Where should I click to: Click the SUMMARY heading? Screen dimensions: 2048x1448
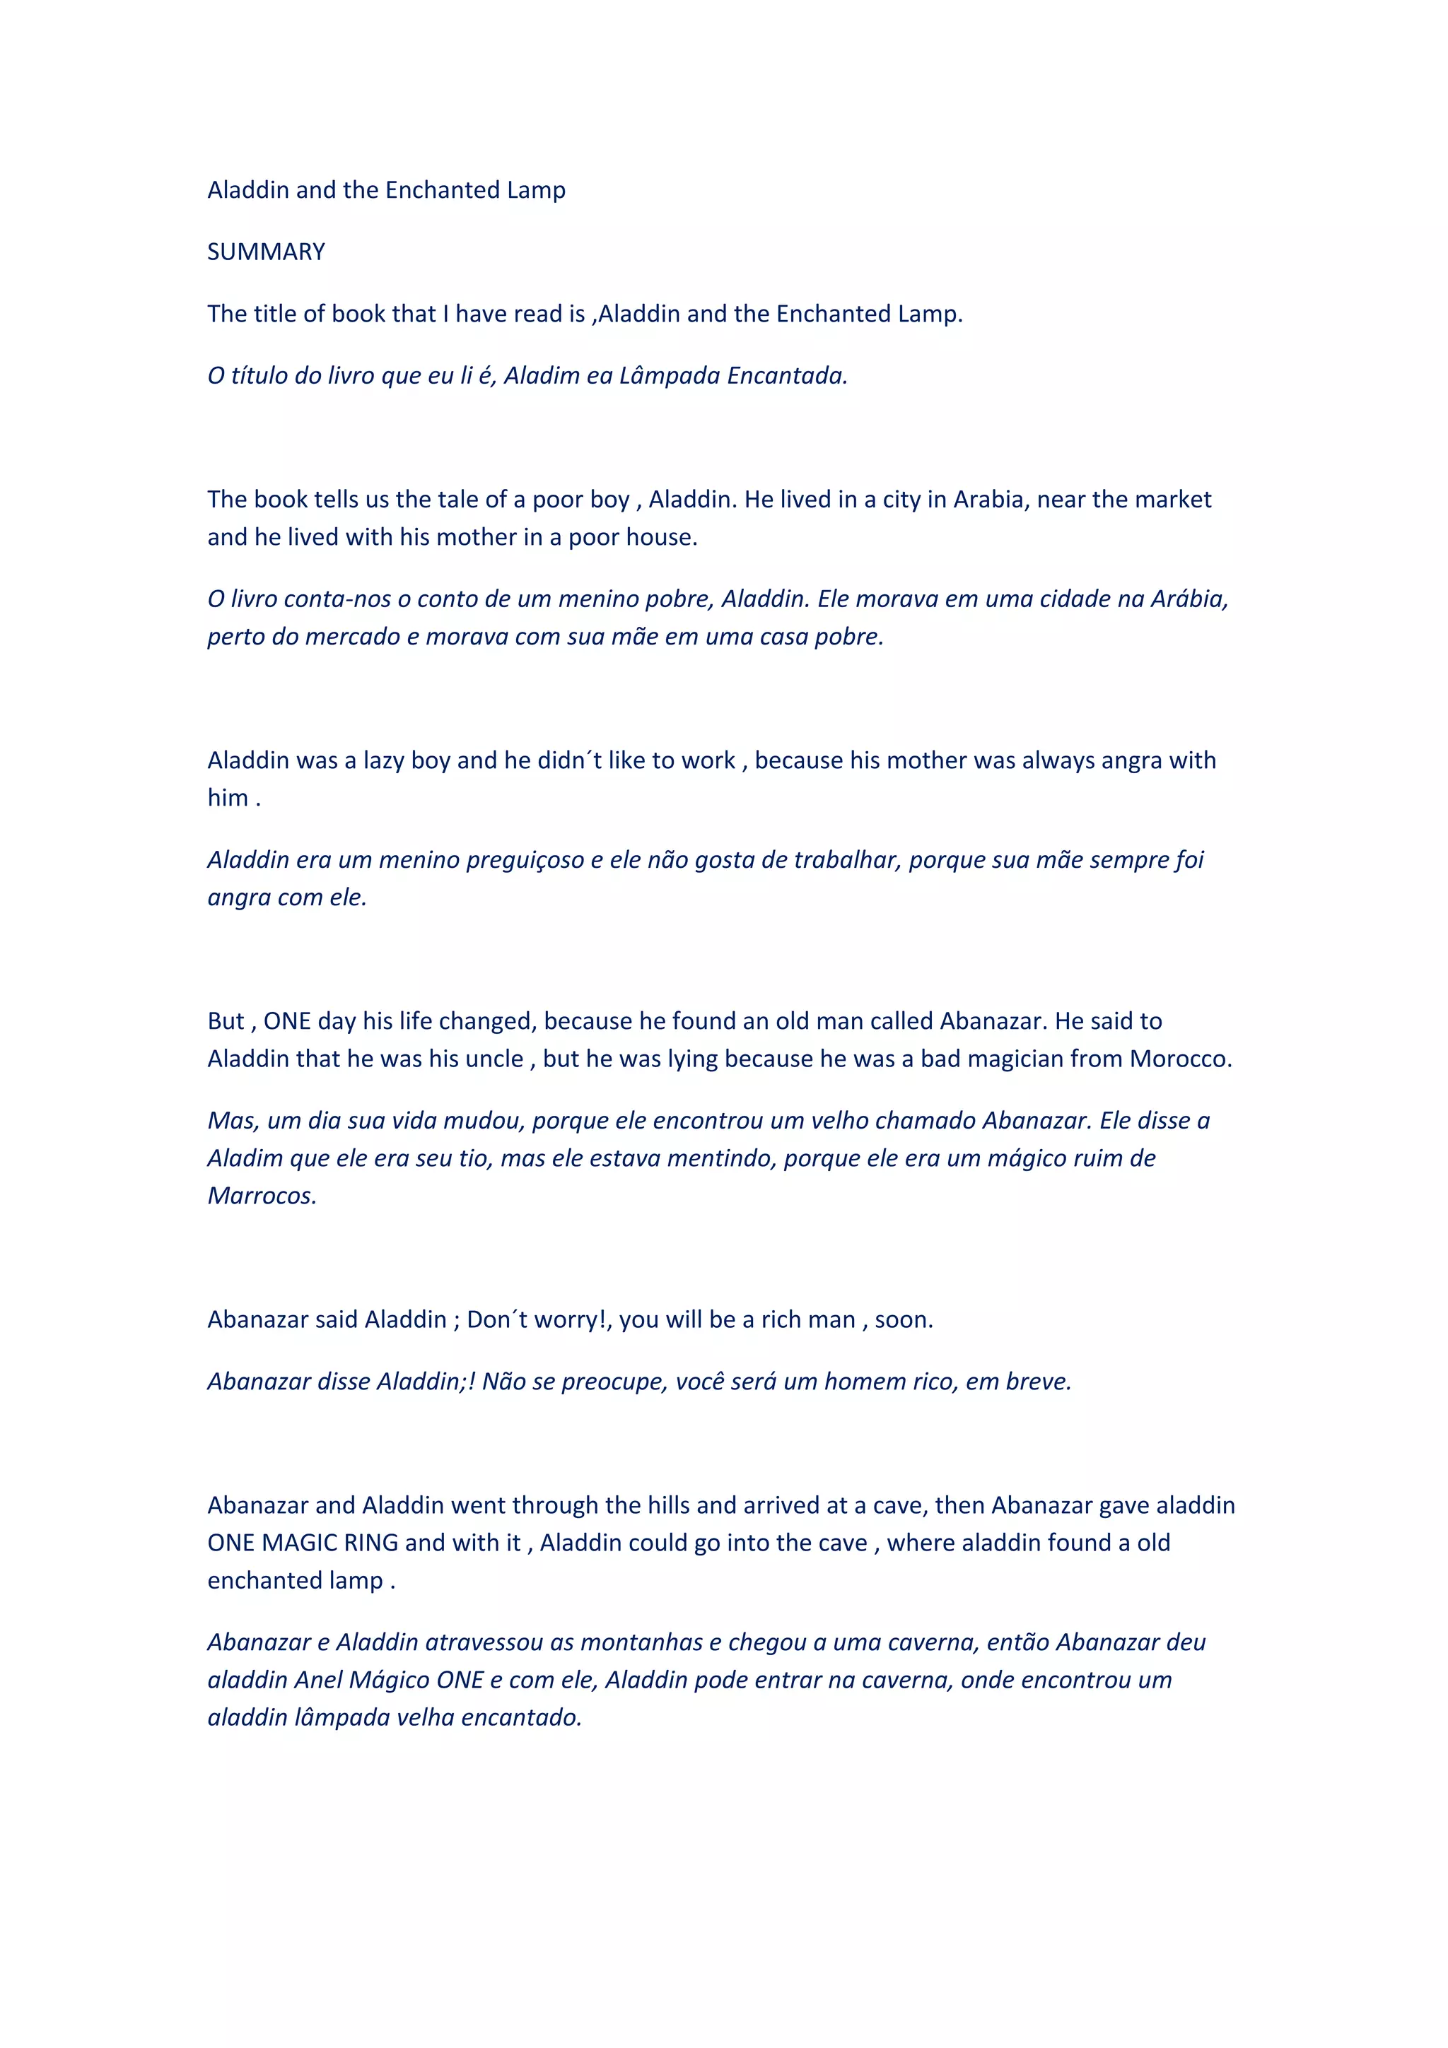pos(266,252)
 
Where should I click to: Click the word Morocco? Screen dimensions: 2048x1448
pos(1179,1059)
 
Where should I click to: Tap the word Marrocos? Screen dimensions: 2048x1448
pos(262,1196)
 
